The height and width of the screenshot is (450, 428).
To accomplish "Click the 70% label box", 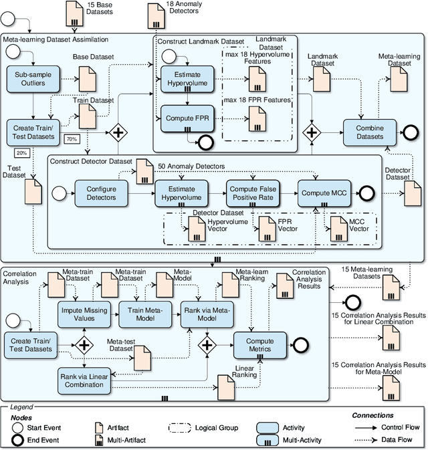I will point(72,139).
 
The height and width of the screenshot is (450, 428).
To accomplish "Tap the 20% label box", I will point(22,153).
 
